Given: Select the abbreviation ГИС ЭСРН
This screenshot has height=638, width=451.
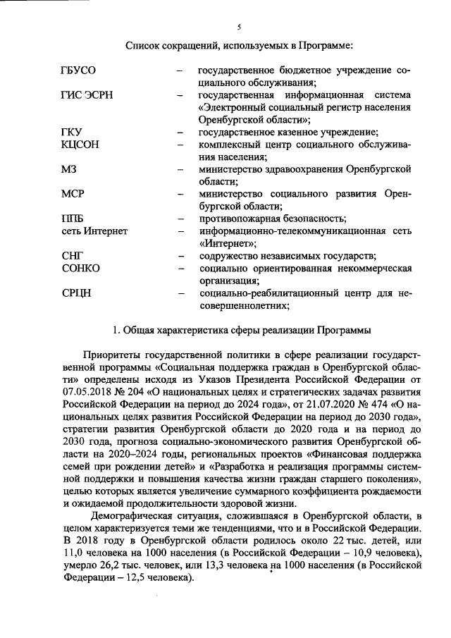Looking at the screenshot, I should (x=87, y=96).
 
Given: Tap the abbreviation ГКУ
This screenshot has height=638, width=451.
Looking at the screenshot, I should (x=72, y=133).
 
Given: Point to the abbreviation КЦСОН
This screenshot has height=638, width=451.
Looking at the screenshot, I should (x=80, y=145).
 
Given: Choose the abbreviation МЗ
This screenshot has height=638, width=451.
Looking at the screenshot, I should (x=68, y=169).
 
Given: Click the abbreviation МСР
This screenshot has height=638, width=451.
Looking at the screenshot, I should (x=73, y=193).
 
